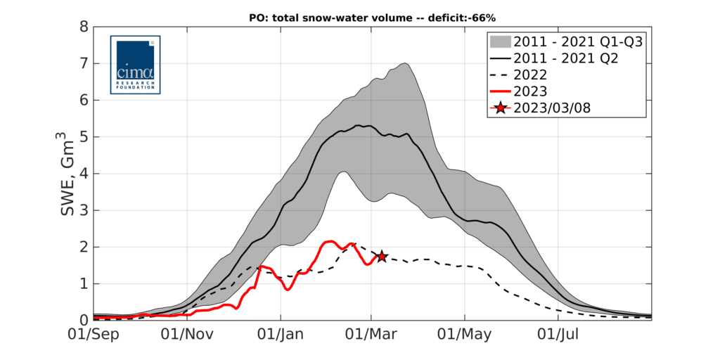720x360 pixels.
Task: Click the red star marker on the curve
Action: click(x=382, y=257)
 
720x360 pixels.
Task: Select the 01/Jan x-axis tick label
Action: click(x=281, y=335)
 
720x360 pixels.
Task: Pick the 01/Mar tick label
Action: click(x=371, y=335)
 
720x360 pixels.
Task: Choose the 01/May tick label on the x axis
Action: click(x=464, y=335)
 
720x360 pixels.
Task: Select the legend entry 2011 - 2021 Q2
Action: click(x=565, y=58)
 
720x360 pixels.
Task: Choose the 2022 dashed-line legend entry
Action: click(x=531, y=75)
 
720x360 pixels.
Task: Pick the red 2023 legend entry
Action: click(x=531, y=91)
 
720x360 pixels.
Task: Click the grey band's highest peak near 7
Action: click(x=406, y=64)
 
